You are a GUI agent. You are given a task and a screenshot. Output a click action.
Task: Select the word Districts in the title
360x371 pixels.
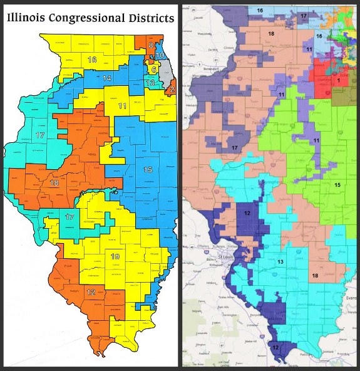pos(150,18)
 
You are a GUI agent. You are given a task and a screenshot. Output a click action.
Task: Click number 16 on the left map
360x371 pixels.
pos(92,60)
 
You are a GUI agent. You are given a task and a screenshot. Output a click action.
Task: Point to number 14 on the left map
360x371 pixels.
pos(107,78)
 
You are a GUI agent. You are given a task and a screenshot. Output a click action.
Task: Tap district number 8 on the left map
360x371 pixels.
pos(150,46)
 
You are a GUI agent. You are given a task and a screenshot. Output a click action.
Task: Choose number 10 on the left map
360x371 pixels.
pos(160,55)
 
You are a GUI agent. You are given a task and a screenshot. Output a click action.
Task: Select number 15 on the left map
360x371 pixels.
pos(148,170)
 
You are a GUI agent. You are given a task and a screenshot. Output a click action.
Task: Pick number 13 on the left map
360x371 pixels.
pos(150,83)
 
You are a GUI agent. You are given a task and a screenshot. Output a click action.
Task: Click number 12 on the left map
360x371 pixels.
pos(91,293)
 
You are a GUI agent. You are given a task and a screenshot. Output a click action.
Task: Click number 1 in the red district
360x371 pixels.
pos(339,80)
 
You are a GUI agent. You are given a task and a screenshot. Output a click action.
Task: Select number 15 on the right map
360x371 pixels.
pos(337,185)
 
